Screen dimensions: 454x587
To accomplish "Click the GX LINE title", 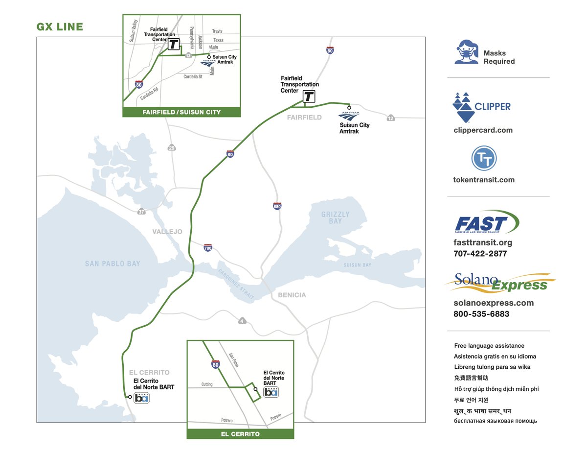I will click(60, 27).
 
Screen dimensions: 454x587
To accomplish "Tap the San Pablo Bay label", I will click(113, 263).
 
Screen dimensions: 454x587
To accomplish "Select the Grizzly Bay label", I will click(335, 217).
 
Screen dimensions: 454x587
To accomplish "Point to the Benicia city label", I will click(292, 295).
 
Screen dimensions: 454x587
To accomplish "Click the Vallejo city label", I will click(167, 232).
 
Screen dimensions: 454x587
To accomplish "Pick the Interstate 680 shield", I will click(277, 206).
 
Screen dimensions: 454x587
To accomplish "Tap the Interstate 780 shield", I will click(208, 248).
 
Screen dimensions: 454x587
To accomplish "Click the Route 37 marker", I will click(141, 212).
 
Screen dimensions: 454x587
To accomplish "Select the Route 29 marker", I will click(171, 148).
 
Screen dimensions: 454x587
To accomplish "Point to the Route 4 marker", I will click(242, 321).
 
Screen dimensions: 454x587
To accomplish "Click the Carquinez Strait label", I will click(233, 281).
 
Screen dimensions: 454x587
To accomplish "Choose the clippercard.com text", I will click(483, 130).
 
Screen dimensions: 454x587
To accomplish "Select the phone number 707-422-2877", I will click(480, 254).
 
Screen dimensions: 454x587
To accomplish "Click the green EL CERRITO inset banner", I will click(240, 434).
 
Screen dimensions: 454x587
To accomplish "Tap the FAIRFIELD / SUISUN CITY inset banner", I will click(181, 112).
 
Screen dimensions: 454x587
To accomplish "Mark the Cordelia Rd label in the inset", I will click(149, 94).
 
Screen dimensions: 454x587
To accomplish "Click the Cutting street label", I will click(207, 384).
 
